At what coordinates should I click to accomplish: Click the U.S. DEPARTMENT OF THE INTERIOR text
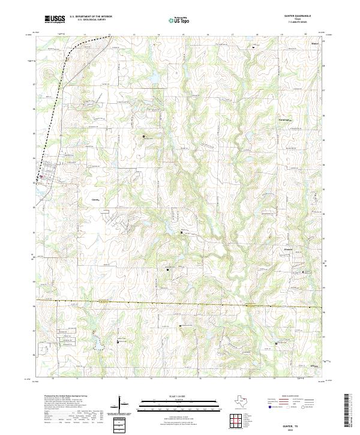91,17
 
